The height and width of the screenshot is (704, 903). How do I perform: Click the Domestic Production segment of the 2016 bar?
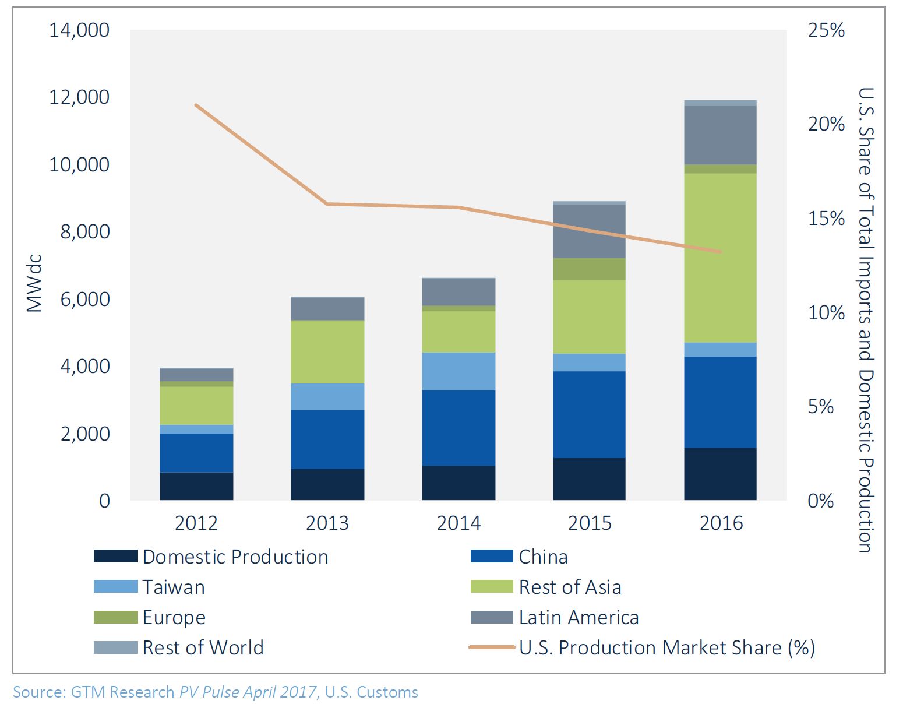click(x=720, y=474)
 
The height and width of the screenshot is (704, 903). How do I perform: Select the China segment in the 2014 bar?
click(x=458, y=428)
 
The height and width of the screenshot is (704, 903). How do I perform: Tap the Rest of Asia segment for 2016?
click(x=720, y=258)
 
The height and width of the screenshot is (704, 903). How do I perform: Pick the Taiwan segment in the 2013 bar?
click(x=327, y=397)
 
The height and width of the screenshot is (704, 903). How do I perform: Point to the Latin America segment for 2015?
click(x=589, y=231)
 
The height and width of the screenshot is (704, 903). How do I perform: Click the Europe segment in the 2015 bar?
click(x=589, y=269)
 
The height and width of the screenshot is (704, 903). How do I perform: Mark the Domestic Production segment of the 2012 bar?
click(x=196, y=486)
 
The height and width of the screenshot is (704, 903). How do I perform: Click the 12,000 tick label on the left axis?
click(x=79, y=97)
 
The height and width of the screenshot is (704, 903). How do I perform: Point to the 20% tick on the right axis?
click(x=826, y=124)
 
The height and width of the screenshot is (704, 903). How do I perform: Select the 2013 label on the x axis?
click(x=327, y=523)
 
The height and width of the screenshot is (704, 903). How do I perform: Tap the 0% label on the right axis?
click(x=820, y=501)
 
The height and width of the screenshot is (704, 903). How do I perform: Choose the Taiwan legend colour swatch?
click(x=115, y=586)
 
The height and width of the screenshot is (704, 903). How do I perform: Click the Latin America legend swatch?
click(x=492, y=617)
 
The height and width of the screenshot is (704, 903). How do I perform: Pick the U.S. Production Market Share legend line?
click(x=492, y=647)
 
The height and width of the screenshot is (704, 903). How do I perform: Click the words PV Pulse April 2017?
click(x=248, y=692)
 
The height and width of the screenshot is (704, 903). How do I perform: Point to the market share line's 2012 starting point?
click(x=196, y=105)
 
